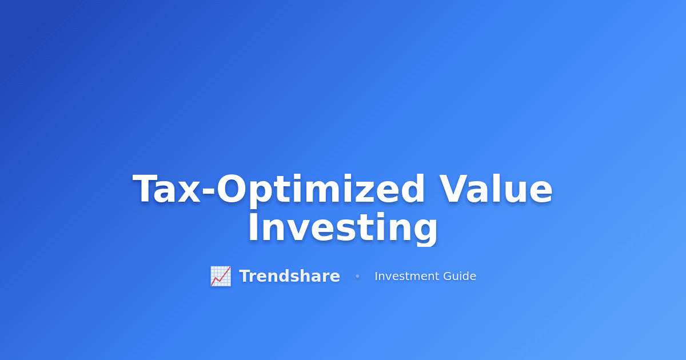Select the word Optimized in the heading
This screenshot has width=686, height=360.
point(321,190)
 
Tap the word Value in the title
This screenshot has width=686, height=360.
point(496,190)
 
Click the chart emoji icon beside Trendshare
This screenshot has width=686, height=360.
point(221,276)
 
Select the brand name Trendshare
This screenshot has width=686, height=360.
point(289,276)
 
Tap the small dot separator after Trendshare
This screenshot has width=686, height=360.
point(357,277)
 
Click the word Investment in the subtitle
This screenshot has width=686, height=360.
point(407,276)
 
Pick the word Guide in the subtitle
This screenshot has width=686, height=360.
point(460,276)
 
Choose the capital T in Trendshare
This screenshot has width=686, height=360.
point(245,276)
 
